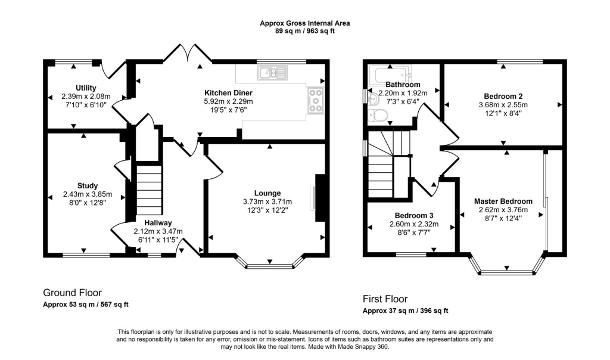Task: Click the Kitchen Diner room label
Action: pyautogui.click(x=228, y=93)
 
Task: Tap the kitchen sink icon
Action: pyautogui.click(x=272, y=73)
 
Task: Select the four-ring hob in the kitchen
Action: pyautogui.click(x=316, y=101)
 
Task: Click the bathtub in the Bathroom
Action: pyautogui.click(x=388, y=75)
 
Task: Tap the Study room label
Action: pyautogui.click(x=87, y=185)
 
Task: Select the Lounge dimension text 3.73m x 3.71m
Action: pyautogui.click(x=263, y=201)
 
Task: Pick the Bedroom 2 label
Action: pyautogui.click(x=503, y=97)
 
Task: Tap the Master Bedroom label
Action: pyautogui.click(x=503, y=201)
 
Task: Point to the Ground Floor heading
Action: pyautogui.click(x=72, y=293)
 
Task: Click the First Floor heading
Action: pyautogui.click(x=385, y=299)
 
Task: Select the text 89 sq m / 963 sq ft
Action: pyautogui.click(x=304, y=31)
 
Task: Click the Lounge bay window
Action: pyautogui.click(x=270, y=265)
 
